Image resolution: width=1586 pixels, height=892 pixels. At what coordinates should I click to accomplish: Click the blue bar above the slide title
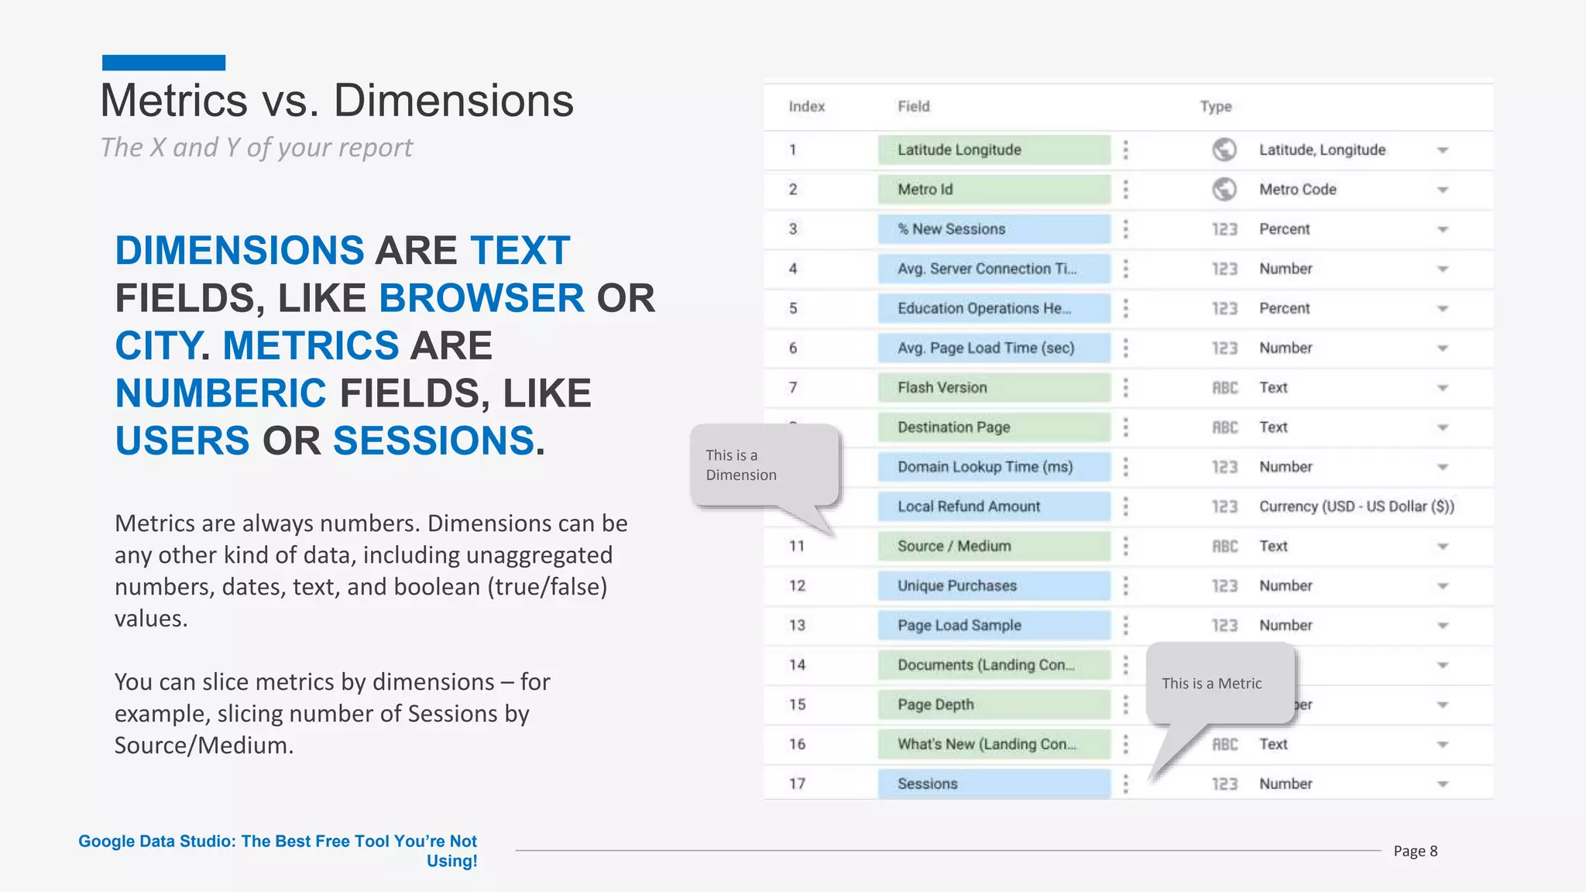tap(163, 63)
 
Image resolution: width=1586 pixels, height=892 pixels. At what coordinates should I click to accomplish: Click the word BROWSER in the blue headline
tap(481, 298)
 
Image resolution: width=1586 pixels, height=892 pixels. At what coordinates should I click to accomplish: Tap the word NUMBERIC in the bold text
tap(221, 393)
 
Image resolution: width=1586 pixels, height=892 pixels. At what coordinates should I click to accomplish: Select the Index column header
tap(806, 107)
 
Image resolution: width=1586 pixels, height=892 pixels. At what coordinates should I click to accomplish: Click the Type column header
tap(1215, 107)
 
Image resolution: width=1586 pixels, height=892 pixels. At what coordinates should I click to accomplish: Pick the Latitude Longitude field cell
tap(994, 150)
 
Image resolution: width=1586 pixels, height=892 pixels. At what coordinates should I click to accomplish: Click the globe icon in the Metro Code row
tap(1224, 190)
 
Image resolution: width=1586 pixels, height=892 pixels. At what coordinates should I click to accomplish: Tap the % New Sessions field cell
tap(994, 229)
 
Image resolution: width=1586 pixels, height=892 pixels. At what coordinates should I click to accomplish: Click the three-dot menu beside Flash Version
tap(1125, 388)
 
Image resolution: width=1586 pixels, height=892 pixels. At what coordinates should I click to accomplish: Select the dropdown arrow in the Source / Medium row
tap(1442, 547)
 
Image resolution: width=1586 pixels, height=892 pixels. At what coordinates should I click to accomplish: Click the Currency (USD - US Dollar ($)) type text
tap(1356, 506)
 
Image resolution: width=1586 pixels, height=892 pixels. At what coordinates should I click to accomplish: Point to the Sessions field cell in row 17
tap(994, 784)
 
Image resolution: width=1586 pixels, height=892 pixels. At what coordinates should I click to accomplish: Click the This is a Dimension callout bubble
tap(764, 465)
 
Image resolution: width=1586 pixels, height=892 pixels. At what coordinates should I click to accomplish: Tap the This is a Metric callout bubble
tap(1219, 683)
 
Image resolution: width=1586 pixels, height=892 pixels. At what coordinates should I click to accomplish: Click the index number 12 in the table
tap(797, 586)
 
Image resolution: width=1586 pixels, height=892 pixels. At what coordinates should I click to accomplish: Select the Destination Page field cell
tap(994, 427)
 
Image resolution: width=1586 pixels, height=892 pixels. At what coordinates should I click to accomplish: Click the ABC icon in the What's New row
tap(1224, 745)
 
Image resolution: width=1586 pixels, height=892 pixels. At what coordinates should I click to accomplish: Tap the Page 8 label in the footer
tap(1415, 851)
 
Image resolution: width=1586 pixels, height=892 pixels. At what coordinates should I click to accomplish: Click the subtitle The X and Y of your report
tap(256, 148)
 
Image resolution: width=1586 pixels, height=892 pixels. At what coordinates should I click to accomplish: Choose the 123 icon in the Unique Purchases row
tap(1224, 586)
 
